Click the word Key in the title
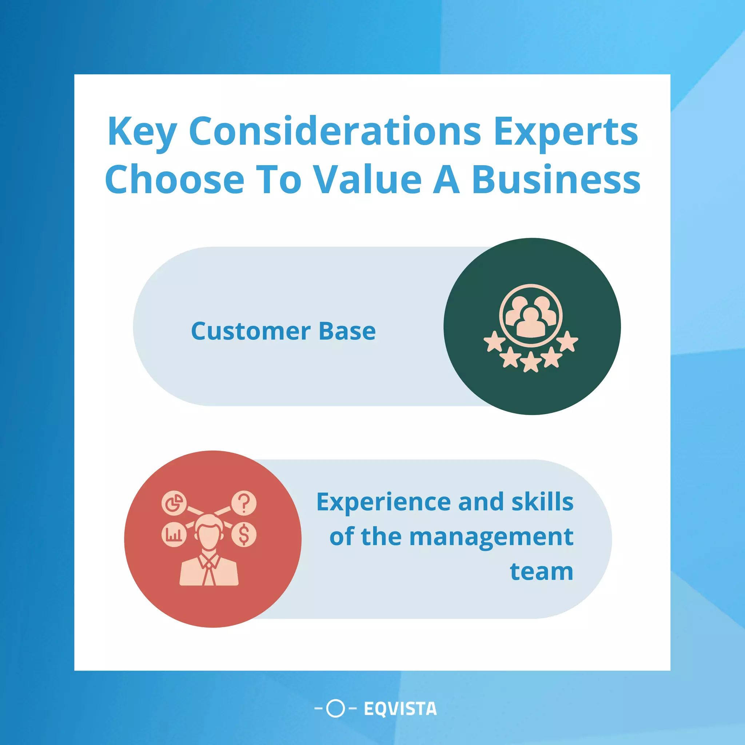[x=142, y=132]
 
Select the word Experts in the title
[x=566, y=132]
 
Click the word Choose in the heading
[x=174, y=180]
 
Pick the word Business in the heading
[x=556, y=180]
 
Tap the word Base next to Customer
[x=347, y=331]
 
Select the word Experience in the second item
[x=383, y=502]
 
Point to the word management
[x=491, y=537]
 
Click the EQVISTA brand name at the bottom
[x=400, y=709]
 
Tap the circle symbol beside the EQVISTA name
[x=335, y=708]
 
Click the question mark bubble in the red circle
[x=244, y=503]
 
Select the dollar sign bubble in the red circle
[x=244, y=534]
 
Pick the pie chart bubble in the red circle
[x=174, y=503]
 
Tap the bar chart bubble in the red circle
[x=174, y=534]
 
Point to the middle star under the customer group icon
[x=531, y=362]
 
